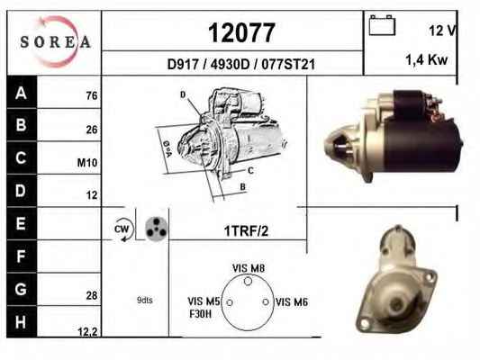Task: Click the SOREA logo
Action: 55,41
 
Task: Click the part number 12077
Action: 241,32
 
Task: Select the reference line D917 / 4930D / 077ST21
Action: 241,64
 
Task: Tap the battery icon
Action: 382,25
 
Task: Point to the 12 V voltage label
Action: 442,31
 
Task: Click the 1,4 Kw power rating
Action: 427,59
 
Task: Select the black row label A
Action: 21,93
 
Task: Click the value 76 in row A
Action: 92,95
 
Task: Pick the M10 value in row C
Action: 87,163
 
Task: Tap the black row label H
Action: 21,322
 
